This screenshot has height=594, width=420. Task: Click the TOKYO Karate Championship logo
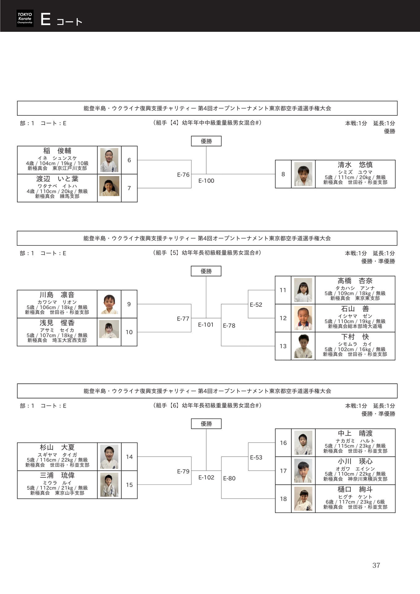(x=25, y=18)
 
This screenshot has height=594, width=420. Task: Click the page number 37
(x=376, y=565)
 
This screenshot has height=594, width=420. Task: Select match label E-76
(x=183, y=175)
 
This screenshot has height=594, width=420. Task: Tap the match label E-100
(x=206, y=181)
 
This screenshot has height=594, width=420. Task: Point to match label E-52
(x=256, y=305)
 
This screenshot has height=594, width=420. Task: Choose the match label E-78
(x=229, y=326)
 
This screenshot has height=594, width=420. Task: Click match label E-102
(x=206, y=477)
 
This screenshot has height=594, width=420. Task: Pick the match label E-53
(x=256, y=457)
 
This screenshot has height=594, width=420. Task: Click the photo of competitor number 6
(x=109, y=160)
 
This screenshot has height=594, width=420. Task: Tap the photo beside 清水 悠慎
(x=303, y=174)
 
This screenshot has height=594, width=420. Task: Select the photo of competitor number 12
(x=303, y=318)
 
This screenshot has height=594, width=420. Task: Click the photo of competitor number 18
(x=303, y=499)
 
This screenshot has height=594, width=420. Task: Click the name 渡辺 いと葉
(x=57, y=179)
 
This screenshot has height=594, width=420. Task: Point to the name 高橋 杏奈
(x=355, y=281)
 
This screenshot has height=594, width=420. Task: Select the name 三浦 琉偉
(x=57, y=475)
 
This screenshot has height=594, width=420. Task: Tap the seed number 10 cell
(x=129, y=332)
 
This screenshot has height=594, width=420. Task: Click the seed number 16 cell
(x=283, y=443)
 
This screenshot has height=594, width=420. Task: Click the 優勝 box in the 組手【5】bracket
(x=206, y=271)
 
